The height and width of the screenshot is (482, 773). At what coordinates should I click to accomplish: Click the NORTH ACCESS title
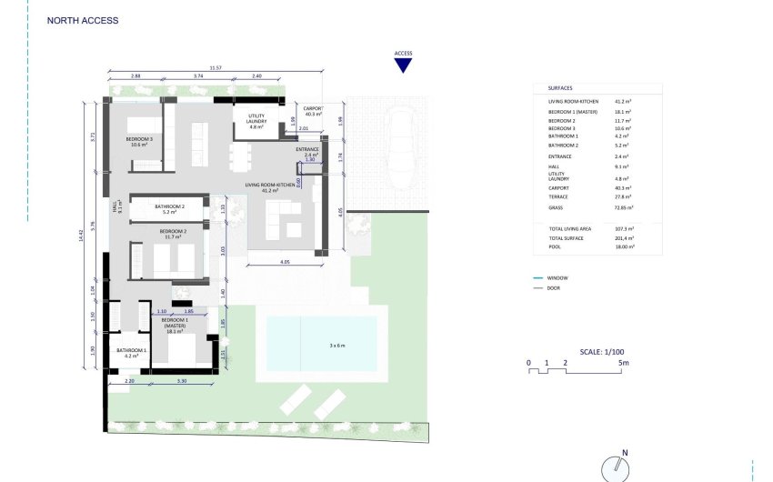82,20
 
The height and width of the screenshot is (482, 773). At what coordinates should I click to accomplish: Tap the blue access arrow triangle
404,65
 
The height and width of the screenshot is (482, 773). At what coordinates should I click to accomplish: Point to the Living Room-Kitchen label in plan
270,188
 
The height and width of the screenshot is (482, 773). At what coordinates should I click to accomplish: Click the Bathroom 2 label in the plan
169,209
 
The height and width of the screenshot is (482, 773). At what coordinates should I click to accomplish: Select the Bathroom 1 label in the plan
131,353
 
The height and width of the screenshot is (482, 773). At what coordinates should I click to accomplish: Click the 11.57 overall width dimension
215,68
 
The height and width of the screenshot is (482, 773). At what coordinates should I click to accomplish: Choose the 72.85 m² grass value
625,208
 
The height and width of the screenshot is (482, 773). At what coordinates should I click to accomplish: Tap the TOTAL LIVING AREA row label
570,228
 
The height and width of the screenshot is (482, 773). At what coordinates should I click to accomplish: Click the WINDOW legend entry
558,277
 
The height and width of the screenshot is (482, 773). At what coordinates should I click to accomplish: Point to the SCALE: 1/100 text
601,351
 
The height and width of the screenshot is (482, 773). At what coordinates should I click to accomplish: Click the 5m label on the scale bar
623,363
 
